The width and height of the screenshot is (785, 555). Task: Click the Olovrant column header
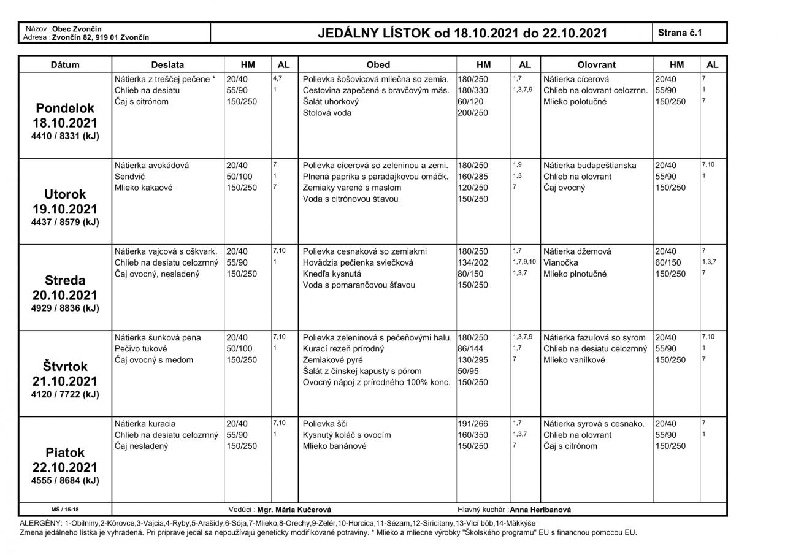[x=596, y=64]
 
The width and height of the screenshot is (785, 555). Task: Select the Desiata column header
[x=167, y=64]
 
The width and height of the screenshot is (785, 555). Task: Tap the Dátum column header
[x=64, y=64]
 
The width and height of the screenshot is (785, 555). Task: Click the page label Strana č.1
[x=680, y=33]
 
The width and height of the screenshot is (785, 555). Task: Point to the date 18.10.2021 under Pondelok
[x=64, y=123]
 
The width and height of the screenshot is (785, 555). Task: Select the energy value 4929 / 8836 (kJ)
[x=64, y=308]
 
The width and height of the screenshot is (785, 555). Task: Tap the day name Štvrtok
[x=64, y=367]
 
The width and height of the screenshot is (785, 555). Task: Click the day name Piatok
[x=64, y=453]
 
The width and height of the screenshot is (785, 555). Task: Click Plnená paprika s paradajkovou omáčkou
[x=375, y=177]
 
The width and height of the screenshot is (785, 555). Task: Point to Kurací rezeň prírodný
[x=343, y=349]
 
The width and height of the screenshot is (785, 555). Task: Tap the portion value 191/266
[x=473, y=424]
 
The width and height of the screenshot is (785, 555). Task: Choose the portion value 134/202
[x=473, y=262]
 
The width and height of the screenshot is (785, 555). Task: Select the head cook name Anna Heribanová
[x=540, y=510]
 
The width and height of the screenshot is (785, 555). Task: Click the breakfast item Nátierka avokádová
[x=151, y=166]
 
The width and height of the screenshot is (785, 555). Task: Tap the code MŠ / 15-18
[x=64, y=510]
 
